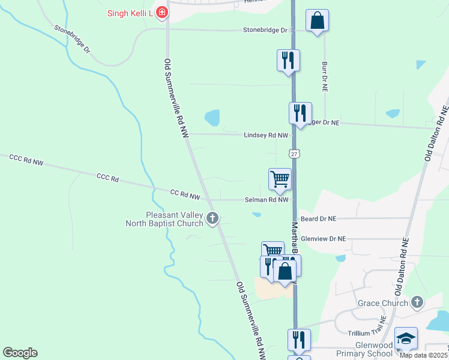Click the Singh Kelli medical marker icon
(161, 11)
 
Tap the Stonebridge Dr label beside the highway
(266, 30)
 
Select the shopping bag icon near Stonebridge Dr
(317, 22)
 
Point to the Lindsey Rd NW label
(266, 135)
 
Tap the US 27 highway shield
(294, 154)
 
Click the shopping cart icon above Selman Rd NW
(280, 179)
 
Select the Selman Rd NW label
(267, 199)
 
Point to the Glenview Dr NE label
(324, 238)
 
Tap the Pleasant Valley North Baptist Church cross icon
(212, 219)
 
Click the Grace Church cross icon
(419, 303)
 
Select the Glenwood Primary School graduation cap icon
(406, 338)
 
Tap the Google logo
(20, 353)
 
